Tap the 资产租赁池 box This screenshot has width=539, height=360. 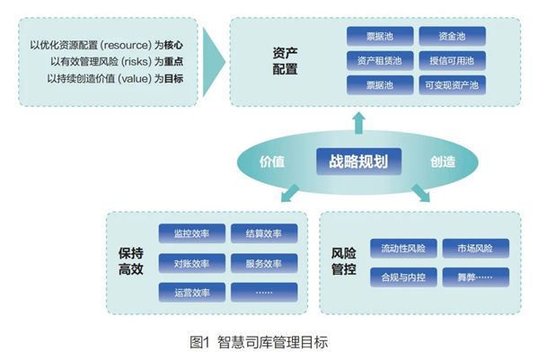(382, 61)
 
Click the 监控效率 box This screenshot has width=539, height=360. (191, 234)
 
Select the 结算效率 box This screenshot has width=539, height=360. (263, 234)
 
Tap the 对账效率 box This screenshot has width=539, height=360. (191, 264)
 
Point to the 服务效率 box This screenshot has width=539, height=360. (263, 264)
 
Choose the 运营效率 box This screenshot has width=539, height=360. (191, 293)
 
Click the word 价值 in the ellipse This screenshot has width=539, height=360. (272, 162)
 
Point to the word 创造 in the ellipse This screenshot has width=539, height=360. (442, 162)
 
